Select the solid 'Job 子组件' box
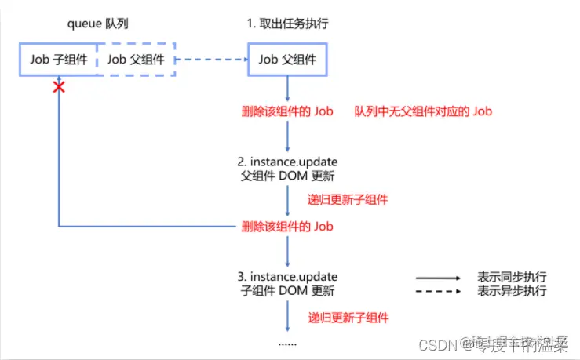(58, 59)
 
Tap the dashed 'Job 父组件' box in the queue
(136, 59)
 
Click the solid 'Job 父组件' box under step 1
(288, 59)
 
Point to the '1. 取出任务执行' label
(288, 23)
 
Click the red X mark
(59, 86)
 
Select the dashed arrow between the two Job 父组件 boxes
(212, 59)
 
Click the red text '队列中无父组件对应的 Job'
(423, 111)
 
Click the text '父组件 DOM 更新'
(288, 176)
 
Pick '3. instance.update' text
(288, 277)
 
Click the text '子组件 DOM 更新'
(288, 291)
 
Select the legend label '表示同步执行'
(512, 277)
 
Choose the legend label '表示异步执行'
(512, 291)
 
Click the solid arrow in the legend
(437, 278)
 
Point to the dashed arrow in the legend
(437, 292)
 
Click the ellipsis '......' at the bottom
(288, 343)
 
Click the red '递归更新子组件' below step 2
(348, 199)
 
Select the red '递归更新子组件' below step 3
(348, 318)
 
